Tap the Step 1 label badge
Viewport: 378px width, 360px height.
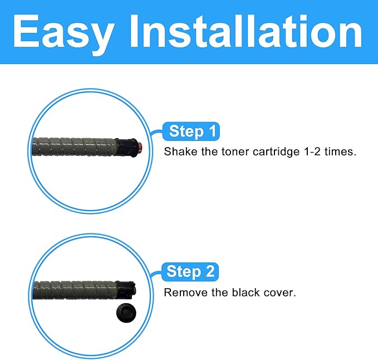point(190,132)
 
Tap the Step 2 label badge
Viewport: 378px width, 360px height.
point(190,271)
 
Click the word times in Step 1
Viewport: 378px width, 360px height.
point(340,152)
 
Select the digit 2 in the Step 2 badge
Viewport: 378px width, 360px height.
point(209,271)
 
